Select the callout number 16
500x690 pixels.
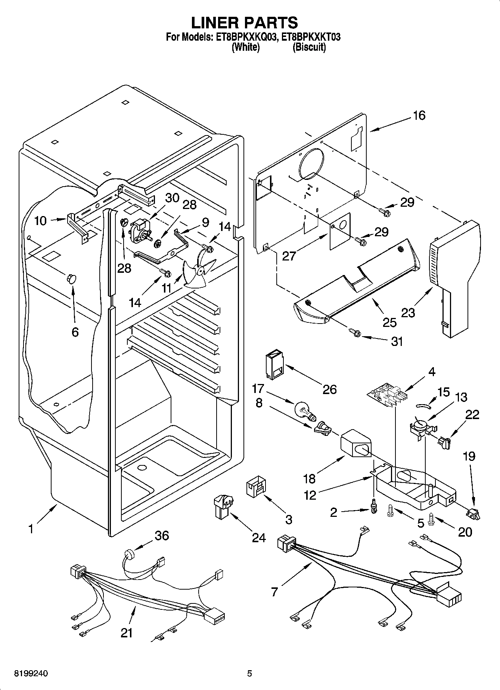pos(419,115)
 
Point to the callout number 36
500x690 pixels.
pos(162,536)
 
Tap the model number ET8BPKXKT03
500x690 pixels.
pos(311,37)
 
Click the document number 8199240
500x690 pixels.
pos(31,674)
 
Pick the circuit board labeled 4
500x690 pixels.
pos(386,396)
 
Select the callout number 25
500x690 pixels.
pos(389,322)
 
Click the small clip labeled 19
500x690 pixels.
pos(473,515)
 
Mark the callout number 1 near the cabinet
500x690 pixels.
pos(31,529)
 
